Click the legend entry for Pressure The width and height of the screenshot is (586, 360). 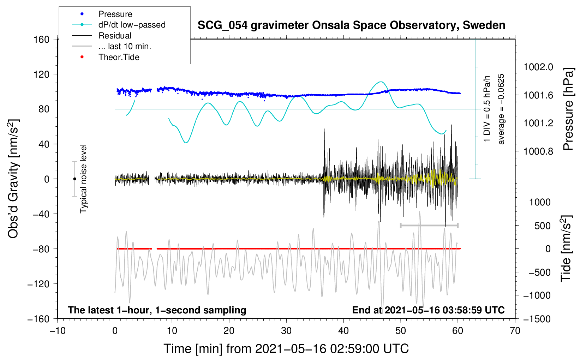tap(115, 14)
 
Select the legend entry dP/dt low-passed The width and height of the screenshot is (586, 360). tap(132, 25)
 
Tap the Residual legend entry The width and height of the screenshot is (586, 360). tap(115, 36)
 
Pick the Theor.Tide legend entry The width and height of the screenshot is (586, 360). tap(119, 57)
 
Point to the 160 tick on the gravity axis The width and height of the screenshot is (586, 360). tap(42, 40)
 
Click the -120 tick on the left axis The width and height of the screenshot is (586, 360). tap(38, 284)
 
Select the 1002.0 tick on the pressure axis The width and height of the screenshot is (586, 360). tap(538, 67)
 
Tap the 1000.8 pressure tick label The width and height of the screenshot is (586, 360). tap(538, 151)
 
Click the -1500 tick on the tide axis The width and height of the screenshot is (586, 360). tap(537, 319)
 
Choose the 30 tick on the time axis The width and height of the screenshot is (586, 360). tap(286, 331)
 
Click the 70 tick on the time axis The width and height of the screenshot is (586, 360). tap(515, 331)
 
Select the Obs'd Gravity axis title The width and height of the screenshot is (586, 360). tap(13, 179)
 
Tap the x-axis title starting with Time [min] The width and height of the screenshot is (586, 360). tap(286, 349)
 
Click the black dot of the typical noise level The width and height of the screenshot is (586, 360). tap(74, 179)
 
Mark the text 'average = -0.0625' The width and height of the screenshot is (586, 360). tap(501, 109)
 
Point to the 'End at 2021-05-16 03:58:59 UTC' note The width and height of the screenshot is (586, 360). tap(428, 310)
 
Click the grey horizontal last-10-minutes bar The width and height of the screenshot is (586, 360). tap(429, 225)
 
